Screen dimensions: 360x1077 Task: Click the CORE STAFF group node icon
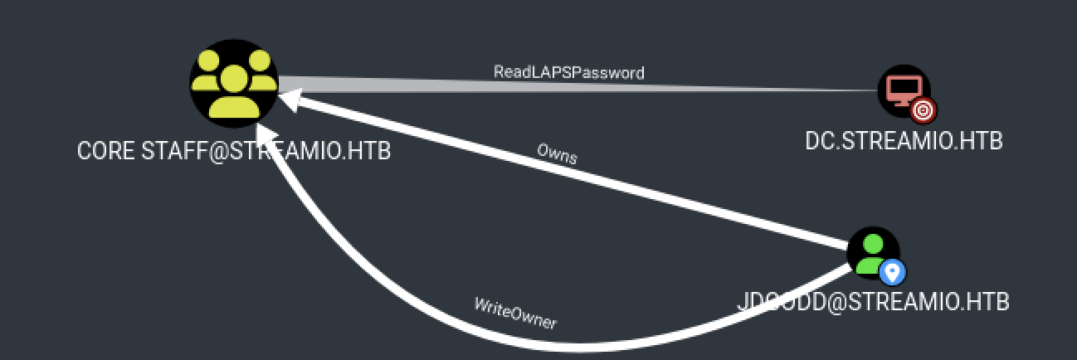click(233, 83)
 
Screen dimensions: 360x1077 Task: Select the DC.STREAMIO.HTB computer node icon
click(904, 90)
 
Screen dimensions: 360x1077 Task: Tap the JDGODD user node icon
click(873, 253)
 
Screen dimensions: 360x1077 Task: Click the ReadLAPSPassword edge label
click(568, 72)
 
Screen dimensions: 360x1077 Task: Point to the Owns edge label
click(557, 153)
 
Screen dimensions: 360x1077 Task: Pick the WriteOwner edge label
click(515, 314)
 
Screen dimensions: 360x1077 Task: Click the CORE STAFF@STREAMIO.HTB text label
click(233, 152)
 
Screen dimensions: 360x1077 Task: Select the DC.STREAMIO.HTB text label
click(904, 141)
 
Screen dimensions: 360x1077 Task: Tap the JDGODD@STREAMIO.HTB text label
click(873, 302)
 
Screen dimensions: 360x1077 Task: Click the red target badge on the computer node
click(923, 109)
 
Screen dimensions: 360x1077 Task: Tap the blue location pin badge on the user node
click(892, 271)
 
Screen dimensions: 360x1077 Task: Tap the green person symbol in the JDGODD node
click(870, 251)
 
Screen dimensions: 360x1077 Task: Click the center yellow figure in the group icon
click(233, 91)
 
